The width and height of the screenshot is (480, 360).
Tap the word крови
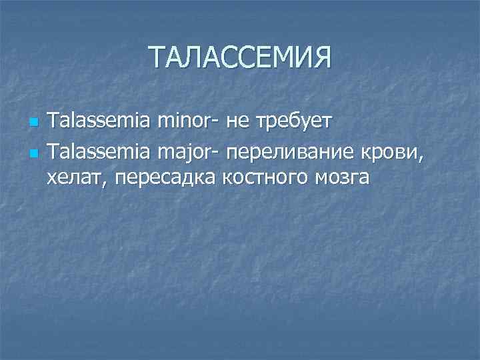(397, 153)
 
